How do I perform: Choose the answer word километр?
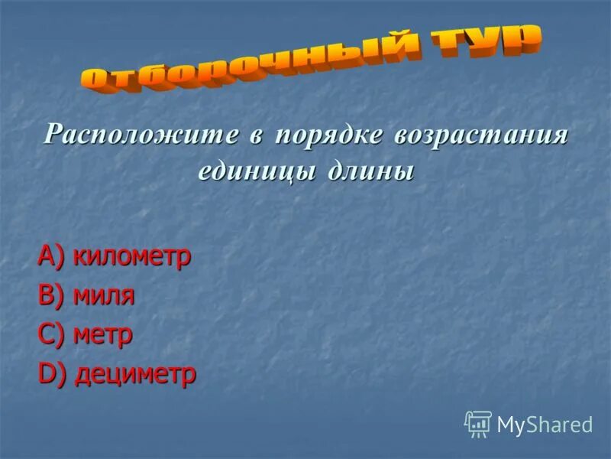click(131, 257)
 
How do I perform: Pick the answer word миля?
click(104, 296)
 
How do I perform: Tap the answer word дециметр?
click(135, 374)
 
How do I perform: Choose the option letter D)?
click(53, 374)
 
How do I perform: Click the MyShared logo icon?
click(477, 424)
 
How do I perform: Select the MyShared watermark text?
click(545, 425)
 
